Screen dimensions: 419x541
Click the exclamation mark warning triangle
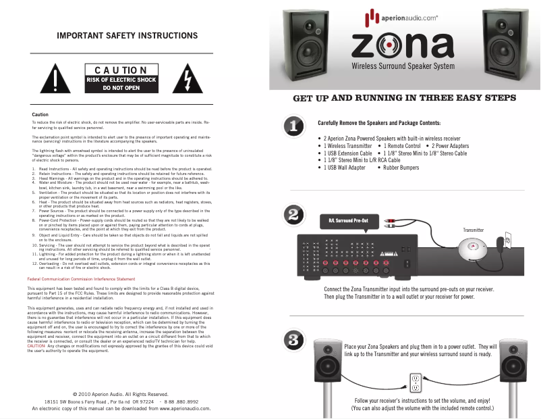[51, 80]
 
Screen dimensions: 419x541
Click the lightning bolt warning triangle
[183, 80]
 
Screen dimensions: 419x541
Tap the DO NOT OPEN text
[121, 88]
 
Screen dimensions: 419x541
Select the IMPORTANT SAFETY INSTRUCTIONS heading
[127, 35]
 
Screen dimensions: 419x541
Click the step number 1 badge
[292, 126]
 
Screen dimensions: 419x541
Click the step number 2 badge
[292, 216]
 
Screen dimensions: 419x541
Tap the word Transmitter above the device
[473, 230]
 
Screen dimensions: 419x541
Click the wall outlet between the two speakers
[416, 383]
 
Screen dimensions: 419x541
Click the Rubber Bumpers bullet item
[391, 167]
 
